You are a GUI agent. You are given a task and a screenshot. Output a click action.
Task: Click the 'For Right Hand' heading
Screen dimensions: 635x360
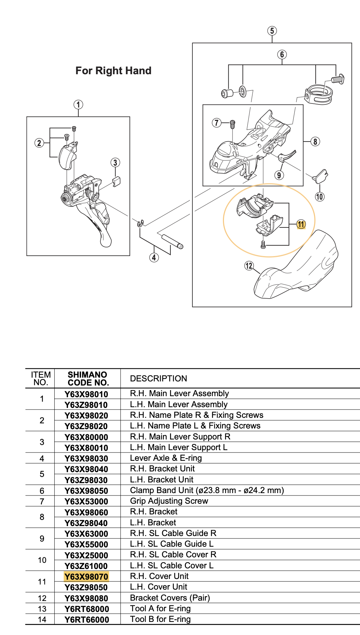pos(113,71)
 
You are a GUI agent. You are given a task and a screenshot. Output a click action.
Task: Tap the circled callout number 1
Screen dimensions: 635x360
pos(78,104)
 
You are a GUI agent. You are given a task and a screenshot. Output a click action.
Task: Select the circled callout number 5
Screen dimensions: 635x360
pos(272,31)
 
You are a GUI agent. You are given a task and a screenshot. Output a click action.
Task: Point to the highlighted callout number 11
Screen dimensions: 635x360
pos(301,224)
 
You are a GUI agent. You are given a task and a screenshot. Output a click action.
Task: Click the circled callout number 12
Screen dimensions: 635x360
pos(249,266)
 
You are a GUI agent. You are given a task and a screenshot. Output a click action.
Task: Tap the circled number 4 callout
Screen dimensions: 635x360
pos(154,257)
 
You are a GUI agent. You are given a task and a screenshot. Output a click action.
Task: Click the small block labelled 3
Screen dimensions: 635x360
pos(116,181)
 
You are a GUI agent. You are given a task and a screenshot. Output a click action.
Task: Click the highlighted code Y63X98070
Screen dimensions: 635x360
pos(86,577)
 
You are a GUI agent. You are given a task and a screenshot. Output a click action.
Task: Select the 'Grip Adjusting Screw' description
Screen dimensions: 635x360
pos(169,501)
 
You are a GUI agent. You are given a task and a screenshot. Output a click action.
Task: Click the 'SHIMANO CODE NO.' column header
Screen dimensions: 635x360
pos(88,379)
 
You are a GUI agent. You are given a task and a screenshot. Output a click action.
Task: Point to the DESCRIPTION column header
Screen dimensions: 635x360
pos(158,379)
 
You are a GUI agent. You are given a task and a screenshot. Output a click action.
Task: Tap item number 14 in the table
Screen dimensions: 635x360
pos(42,620)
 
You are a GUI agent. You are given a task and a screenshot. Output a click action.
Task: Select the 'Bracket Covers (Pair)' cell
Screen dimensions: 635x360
pos(170,598)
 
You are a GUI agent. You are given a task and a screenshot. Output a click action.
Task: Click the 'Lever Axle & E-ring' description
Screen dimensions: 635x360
pos(166,458)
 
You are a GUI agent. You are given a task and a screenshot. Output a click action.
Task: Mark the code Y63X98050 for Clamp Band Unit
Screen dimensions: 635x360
pos(86,491)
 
